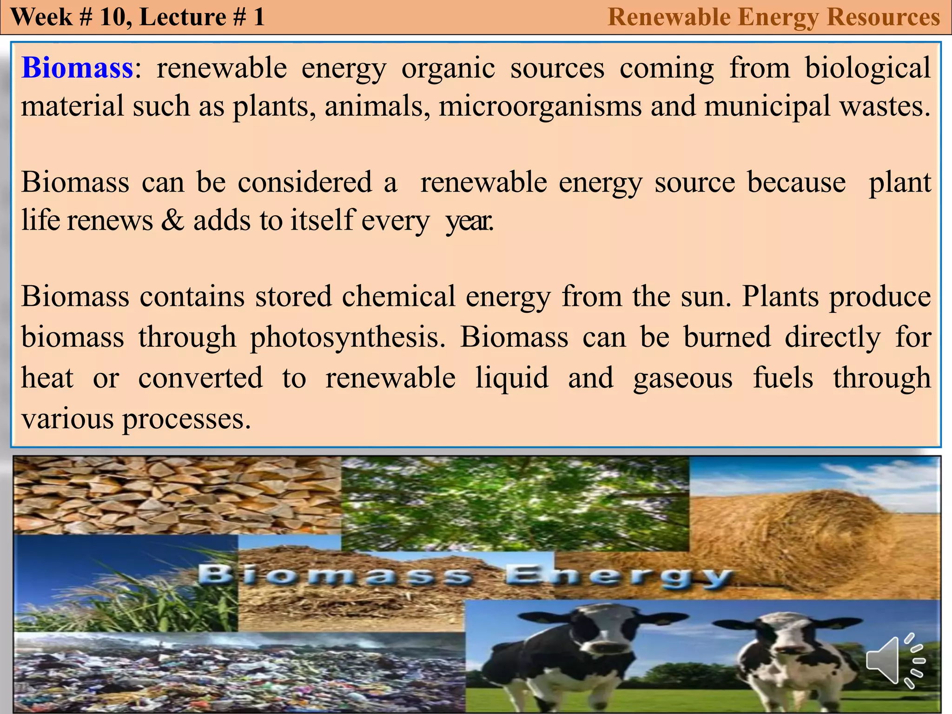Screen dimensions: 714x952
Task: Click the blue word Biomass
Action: click(x=77, y=68)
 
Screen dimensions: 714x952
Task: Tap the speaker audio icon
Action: click(x=895, y=660)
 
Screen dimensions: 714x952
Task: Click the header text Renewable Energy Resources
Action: click(x=773, y=17)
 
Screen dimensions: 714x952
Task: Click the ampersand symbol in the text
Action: click(x=172, y=220)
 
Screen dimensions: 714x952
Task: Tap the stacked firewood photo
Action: click(x=177, y=495)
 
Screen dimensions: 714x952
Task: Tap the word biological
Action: click(x=867, y=68)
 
